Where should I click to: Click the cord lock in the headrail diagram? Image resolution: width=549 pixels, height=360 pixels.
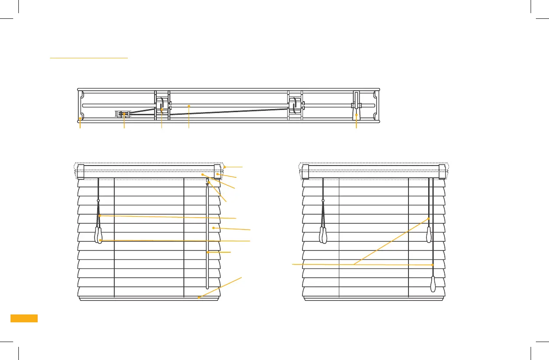[123, 114]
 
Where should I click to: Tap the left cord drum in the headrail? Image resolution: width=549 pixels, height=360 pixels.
[162, 106]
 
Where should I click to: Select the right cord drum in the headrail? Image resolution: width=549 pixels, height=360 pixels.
[295, 106]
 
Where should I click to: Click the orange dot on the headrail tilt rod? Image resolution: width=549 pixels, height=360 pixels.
[188, 106]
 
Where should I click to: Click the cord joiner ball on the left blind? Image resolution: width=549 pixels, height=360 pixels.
[99, 201]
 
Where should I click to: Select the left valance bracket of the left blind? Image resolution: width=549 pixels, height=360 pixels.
[81, 171]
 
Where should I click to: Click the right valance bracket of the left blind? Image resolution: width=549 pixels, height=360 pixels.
[218, 171]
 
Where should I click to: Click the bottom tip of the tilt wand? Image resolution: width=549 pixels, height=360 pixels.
[207, 287]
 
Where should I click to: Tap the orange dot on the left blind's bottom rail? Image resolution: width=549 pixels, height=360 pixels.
[199, 298]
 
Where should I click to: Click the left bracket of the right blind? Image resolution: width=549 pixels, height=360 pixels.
[306, 171]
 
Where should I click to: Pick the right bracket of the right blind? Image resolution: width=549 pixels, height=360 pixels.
[442, 171]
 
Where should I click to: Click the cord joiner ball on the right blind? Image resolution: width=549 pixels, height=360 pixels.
[323, 201]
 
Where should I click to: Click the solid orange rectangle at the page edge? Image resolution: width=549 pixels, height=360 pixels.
[24, 318]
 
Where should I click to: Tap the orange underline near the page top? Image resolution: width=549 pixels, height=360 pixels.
[88, 57]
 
